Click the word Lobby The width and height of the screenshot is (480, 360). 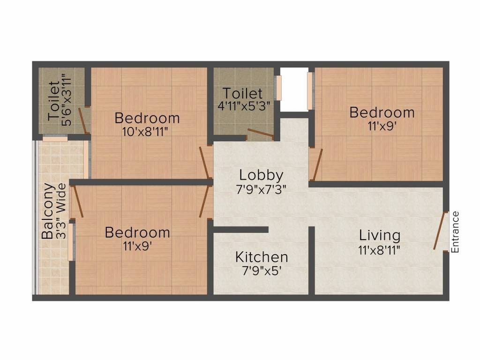(261, 175)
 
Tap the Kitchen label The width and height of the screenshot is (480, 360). (261, 257)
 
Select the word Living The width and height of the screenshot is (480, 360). (380, 235)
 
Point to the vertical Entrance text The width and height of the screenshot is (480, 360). (455, 232)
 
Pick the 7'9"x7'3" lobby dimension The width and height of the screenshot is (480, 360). (261, 189)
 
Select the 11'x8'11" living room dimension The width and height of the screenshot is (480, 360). (380, 249)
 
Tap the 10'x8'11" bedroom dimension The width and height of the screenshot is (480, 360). (145, 131)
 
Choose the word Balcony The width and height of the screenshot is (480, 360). (48, 211)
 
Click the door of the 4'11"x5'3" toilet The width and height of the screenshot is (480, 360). (260, 134)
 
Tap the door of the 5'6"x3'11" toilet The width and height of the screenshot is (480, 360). (83, 120)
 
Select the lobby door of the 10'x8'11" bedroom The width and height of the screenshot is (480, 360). (205, 162)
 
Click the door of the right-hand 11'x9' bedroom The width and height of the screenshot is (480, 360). (317, 165)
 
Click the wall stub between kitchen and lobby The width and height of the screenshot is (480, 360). (240, 230)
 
